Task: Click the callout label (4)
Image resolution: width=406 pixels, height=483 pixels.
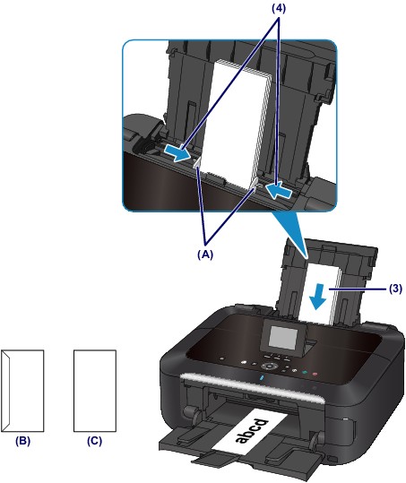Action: [278, 9]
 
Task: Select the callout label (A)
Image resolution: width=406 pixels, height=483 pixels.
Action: [205, 254]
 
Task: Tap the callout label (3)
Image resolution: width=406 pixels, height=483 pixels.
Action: [394, 289]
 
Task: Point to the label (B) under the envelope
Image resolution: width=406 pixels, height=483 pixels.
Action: [22, 441]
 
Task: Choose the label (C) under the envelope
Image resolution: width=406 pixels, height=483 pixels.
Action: [94, 441]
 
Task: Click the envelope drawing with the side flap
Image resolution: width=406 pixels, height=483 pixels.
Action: [22, 391]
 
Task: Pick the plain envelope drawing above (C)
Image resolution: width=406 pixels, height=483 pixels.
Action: [95, 391]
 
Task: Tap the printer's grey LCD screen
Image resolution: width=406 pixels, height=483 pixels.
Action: [283, 339]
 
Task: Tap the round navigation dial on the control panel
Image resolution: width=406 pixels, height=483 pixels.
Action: [270, 367]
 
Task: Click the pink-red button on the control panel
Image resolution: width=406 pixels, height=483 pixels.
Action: [315, 375]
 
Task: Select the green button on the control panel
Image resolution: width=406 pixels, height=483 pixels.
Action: [305, 372]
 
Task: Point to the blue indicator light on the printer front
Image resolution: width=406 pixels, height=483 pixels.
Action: [262, 377]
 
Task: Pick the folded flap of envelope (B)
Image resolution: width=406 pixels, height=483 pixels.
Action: [6, 391]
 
